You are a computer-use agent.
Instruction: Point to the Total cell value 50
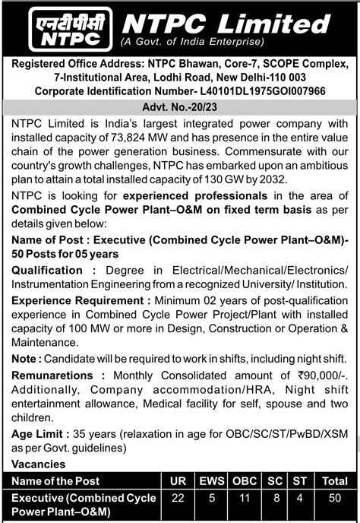coord(331,497)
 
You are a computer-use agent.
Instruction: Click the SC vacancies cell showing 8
coord(276,497)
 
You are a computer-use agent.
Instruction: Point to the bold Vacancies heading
coord(37,463)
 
